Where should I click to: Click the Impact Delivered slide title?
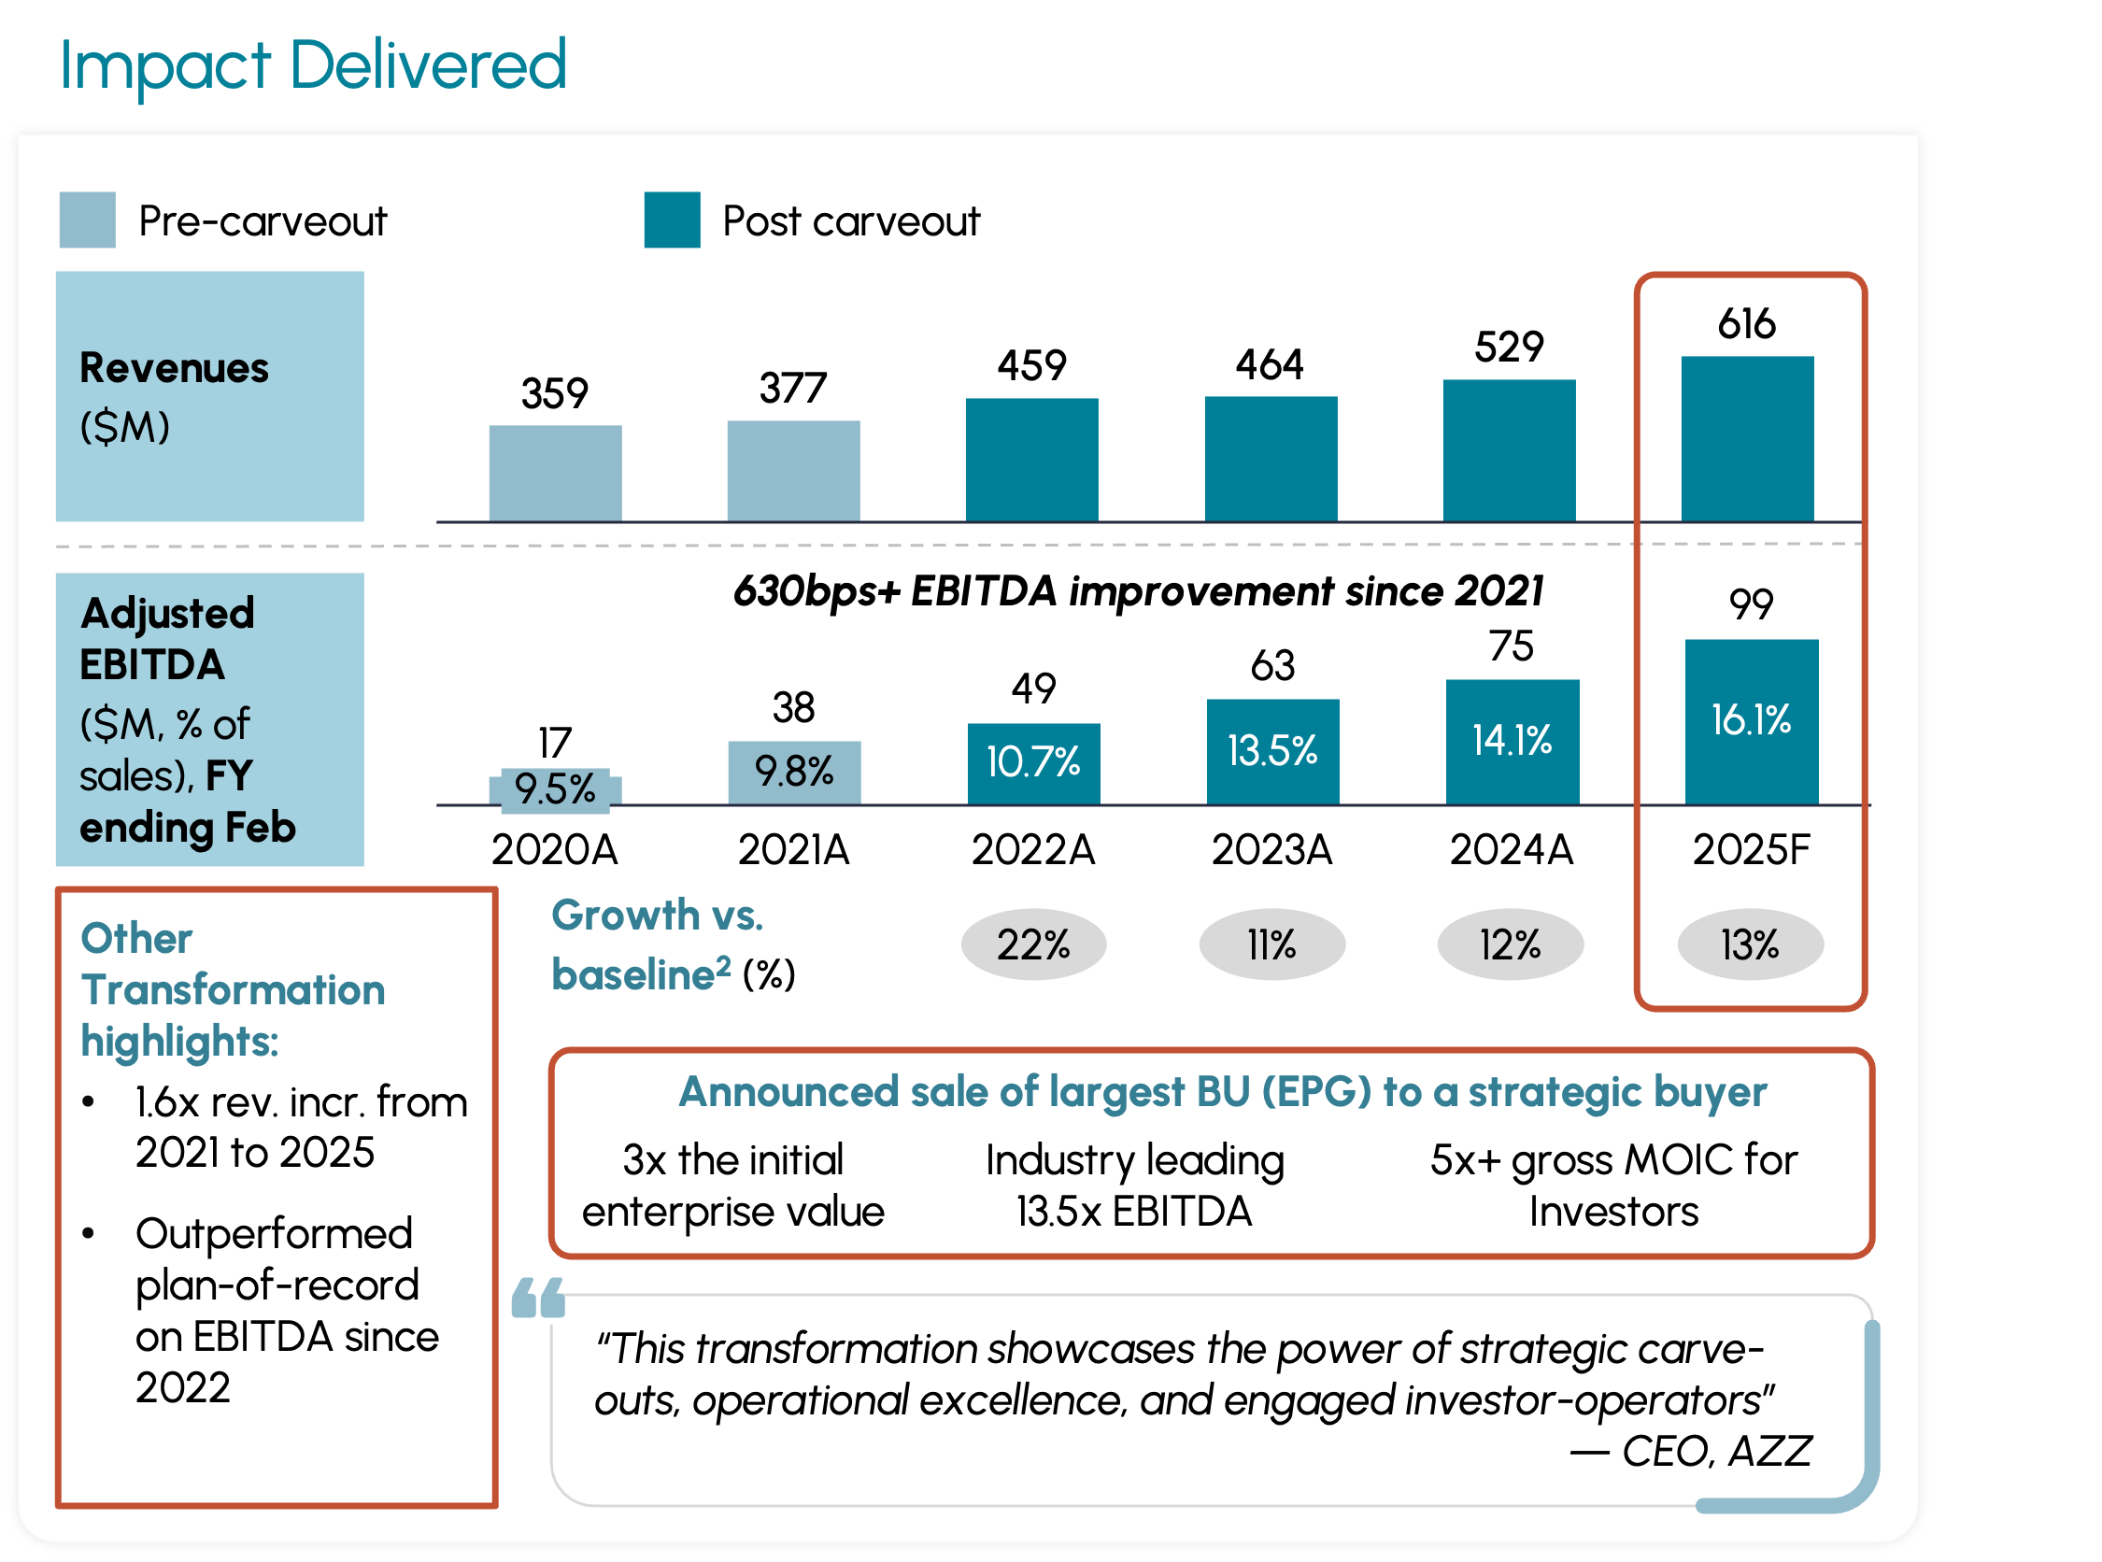point(313,65)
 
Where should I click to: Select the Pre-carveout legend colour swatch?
point(87,220)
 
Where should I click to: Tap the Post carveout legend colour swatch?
point(673,220)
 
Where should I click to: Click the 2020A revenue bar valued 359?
point(555,473)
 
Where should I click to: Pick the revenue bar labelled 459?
point(1031,460)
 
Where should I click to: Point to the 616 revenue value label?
point(1746,323)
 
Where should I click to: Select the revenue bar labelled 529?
point(1509,450)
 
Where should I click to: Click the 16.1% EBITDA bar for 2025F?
point(1751,721)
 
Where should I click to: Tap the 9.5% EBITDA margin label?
point(555,788)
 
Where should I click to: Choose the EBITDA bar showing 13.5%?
point(1272,752)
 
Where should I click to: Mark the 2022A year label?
point(1032,849)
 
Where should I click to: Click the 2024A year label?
point(1511,849)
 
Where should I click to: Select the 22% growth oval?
point(1033,944)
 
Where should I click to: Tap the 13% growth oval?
point(1750,944)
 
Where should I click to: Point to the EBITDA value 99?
point(1751,604)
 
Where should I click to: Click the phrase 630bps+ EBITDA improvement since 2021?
point(1138,591)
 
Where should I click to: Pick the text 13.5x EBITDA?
point(1134,1212)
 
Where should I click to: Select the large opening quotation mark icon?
point(538,1298)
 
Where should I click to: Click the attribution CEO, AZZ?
point(1693,1451)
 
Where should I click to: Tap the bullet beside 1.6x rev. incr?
point(89,1102)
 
